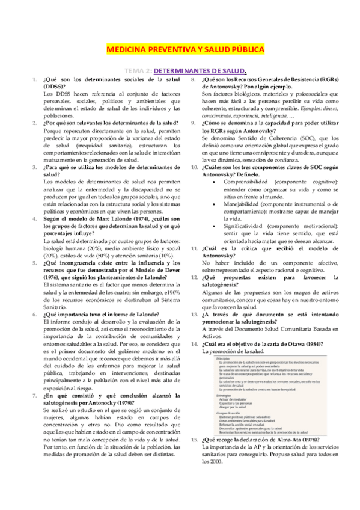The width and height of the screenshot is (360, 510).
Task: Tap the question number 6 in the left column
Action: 35,314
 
